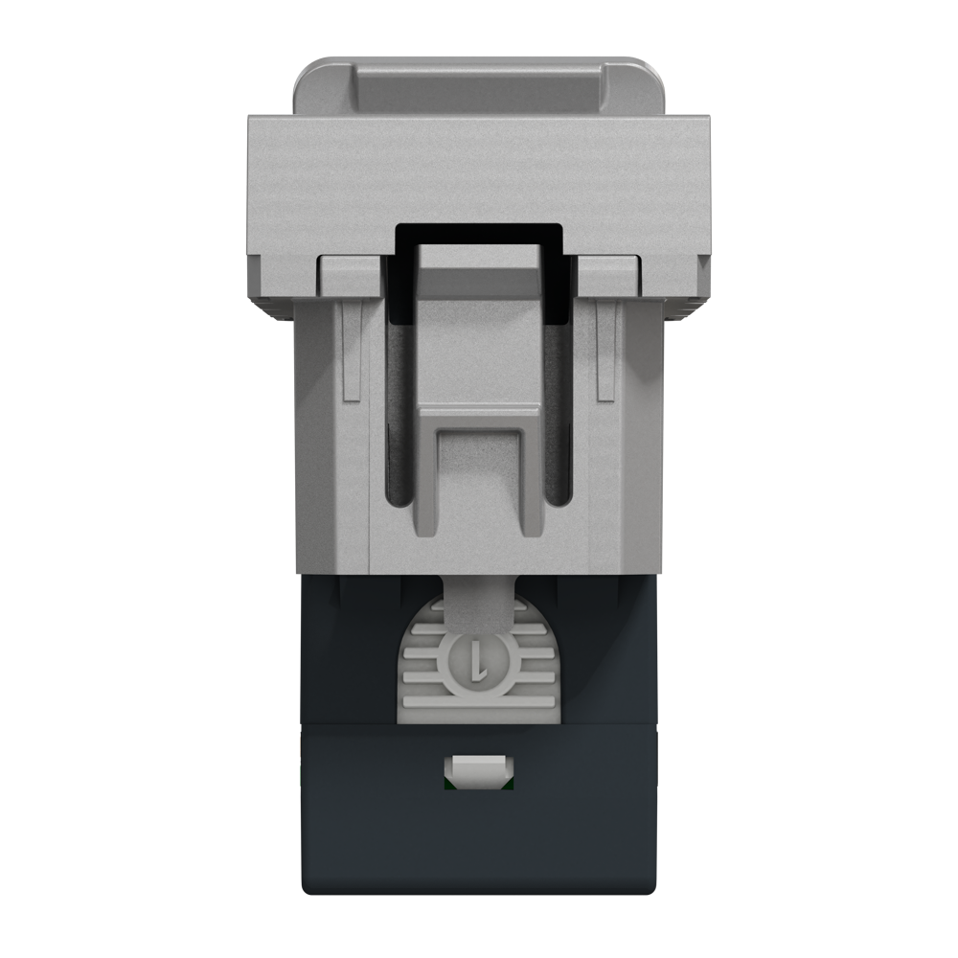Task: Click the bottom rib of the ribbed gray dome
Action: coord(478,715)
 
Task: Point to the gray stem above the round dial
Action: coord(479,604)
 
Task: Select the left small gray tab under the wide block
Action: coord(350,275)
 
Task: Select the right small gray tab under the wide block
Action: coord(608,275)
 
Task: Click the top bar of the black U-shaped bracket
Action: coord(479,233)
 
